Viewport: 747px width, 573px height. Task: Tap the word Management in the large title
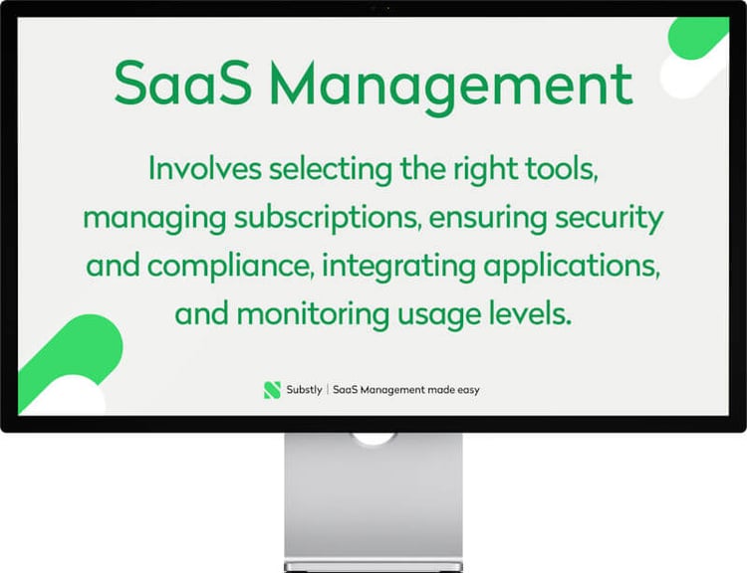(x=453, y=85)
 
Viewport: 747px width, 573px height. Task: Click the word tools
(x=563, y=169)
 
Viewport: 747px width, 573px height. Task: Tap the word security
(x=609, y=218)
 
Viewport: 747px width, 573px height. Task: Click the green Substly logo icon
(x=272, y=390)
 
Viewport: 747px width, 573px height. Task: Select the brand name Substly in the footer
(x=304, y=390)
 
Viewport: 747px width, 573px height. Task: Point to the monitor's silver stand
(x=373, y=497)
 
